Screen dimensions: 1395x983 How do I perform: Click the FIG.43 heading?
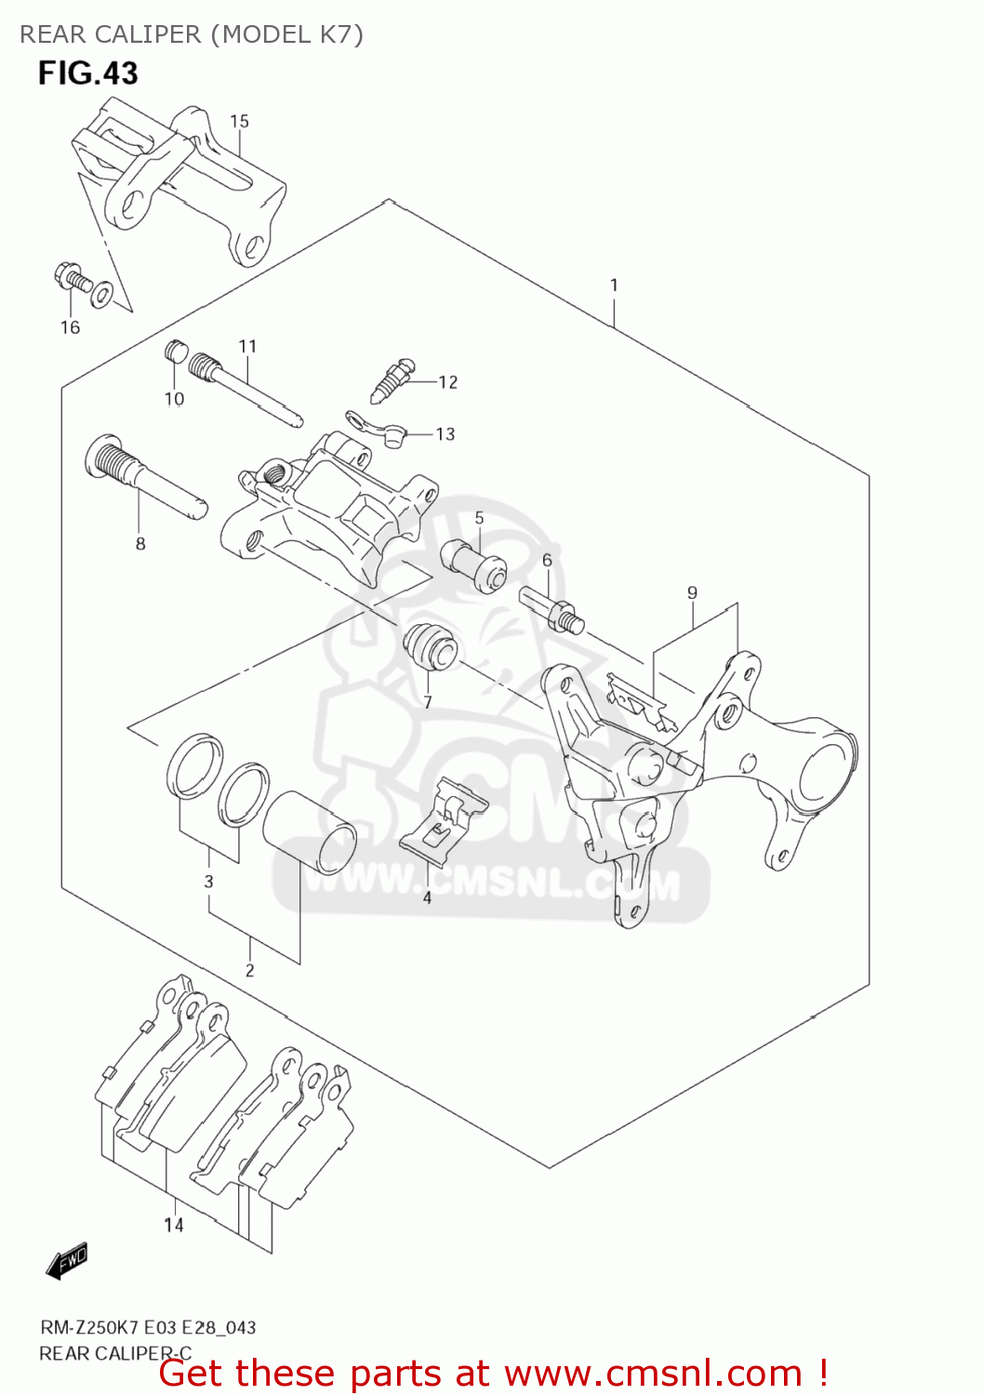[x=87, y=73]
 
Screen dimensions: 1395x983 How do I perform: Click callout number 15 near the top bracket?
[x=239, y=121]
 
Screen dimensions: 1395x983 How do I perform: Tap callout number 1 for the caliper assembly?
[x=614, y=286]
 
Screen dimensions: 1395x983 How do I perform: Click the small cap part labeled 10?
[x=175, y=352]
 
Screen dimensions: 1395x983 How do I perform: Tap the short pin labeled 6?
[x=553, y=609]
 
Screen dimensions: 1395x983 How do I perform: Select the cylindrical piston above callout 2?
[x=310, y=832]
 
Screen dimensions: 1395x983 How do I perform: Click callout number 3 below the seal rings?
[x=208, y=881]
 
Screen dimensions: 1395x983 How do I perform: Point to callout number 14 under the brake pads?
[x=174, y=1225]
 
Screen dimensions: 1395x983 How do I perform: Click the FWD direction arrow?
[x=67, y=1261]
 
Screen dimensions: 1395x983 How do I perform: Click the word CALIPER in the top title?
[x=148, y=34]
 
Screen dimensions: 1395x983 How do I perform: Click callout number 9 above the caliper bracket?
[x=692, y=592]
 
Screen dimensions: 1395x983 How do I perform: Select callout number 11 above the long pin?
[x=246, y=346]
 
